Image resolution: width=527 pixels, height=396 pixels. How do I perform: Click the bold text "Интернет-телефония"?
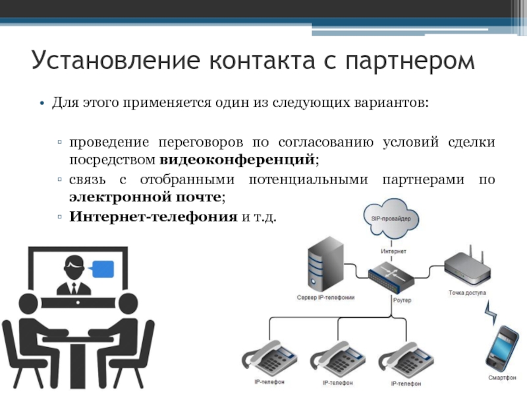point(153,216)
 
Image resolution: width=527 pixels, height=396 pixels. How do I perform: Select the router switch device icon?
point(393,277)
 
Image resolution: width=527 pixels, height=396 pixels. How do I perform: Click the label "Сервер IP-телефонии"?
point(325,298)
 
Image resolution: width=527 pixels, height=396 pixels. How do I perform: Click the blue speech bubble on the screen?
point(102,269)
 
